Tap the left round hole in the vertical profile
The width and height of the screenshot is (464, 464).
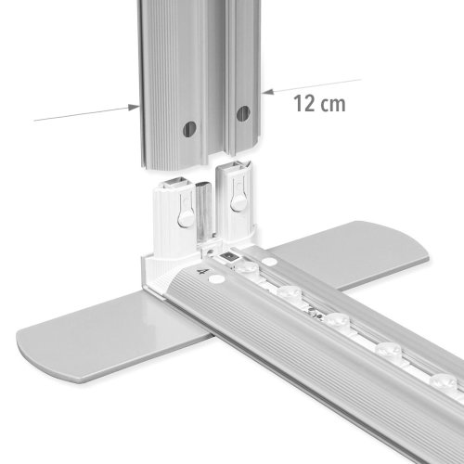[x=190, y=127]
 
